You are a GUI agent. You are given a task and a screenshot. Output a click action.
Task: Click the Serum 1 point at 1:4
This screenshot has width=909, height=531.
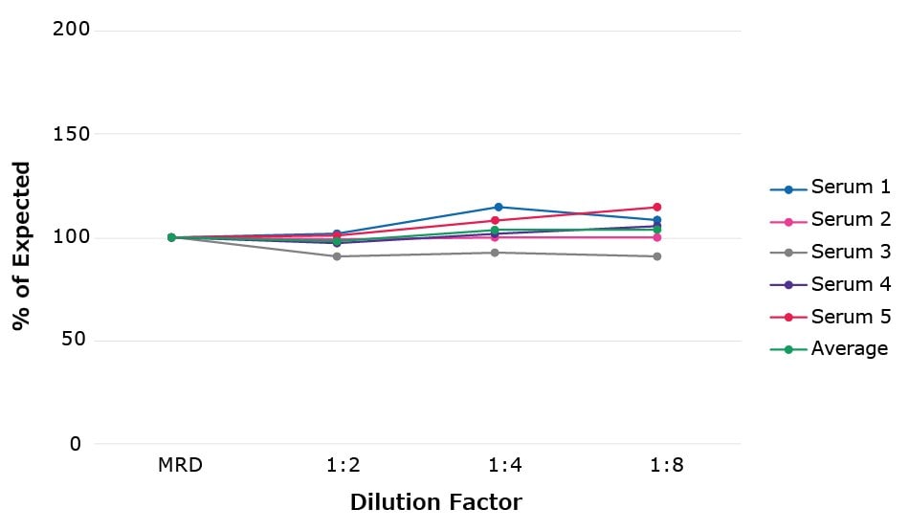point(499,207)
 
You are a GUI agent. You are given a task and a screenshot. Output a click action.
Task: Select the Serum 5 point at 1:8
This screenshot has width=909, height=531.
point(657,207)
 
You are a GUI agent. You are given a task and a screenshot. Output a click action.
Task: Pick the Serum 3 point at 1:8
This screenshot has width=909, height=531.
point(657,256)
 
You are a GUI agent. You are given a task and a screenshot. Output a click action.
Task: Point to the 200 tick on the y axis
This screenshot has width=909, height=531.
point(71,30)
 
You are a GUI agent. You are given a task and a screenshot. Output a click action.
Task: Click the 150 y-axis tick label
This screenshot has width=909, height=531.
point(71,134)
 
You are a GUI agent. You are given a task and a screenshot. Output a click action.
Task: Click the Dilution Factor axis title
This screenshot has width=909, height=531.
point(435,502)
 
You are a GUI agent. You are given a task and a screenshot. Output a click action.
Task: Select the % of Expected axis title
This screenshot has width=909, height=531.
point(21,246)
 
